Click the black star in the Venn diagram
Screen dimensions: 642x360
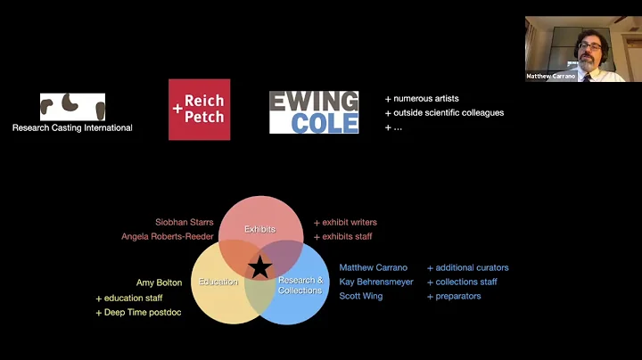259,266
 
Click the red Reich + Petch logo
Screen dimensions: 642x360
199,109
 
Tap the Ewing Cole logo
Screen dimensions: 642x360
314,111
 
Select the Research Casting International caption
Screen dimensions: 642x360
72,127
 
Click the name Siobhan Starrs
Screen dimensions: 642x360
184,222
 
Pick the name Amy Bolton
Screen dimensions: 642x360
159,282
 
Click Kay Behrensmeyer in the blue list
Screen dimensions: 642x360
376,282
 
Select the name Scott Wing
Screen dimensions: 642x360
362,296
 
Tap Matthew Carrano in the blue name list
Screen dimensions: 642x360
373,267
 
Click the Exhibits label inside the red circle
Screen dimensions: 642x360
260,229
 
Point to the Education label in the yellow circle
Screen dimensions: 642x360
218,282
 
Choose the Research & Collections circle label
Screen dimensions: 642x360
300,286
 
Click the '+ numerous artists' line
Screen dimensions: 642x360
422,98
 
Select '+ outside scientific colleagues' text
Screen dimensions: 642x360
444,112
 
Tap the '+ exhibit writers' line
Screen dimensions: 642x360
345,222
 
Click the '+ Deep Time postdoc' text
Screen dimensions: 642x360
138,312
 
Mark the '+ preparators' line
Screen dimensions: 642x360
454,296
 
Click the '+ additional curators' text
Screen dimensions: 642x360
468,267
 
